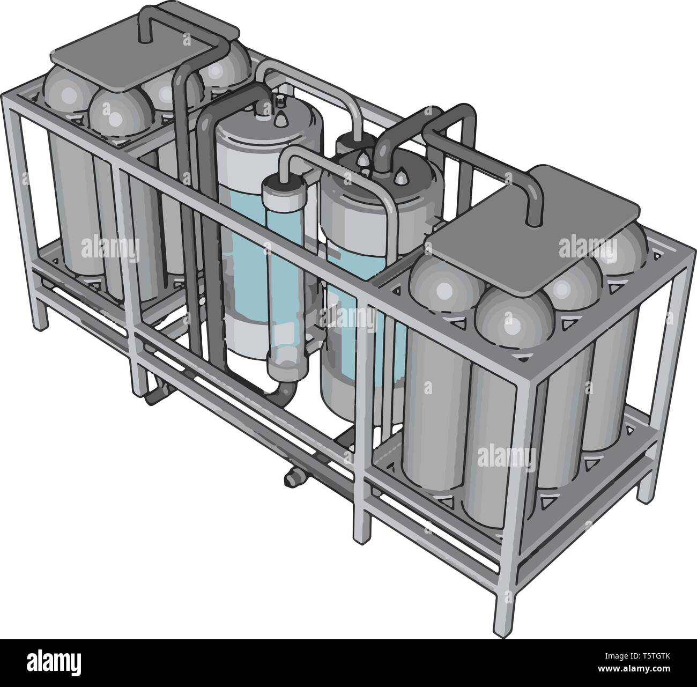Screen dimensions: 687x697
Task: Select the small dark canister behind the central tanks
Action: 349,145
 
